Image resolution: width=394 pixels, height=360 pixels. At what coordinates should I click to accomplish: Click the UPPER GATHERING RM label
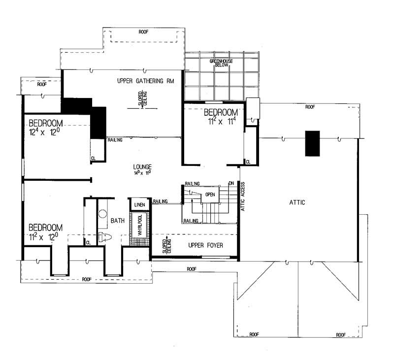[x=140, y=80]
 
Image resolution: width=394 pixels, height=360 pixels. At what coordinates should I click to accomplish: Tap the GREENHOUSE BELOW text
[x=221, y=63]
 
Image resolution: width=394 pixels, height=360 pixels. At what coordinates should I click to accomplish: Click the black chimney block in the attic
[x=312, y=143]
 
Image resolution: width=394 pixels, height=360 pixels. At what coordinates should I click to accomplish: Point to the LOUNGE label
[x=141, y=167]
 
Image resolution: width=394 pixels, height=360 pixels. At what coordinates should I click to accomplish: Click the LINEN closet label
[x=139, y=204]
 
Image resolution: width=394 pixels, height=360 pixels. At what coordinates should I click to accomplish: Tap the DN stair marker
[x=231, y=184]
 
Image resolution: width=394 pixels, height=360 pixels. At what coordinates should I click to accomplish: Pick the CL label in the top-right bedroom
[x=248, y=162]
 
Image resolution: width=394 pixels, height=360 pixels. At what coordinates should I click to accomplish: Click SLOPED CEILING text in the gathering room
[x=142, y=101]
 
